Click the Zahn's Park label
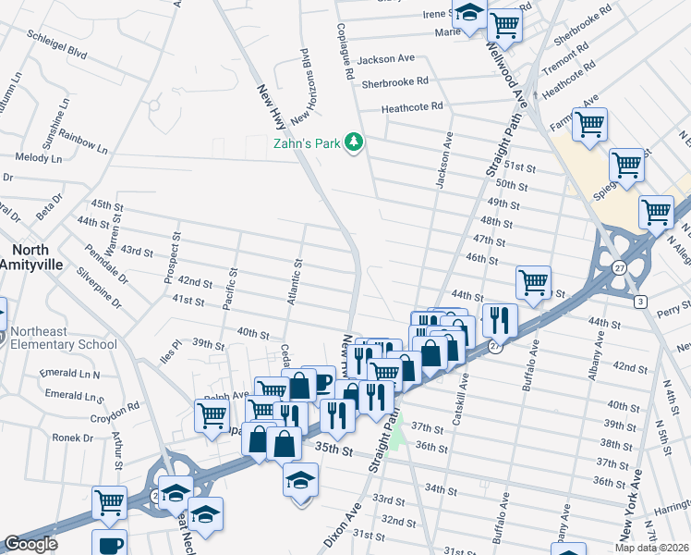pos(306,143)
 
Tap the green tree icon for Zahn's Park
pos(352,142)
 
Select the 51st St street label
pos(519,166)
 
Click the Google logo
pos(30,544)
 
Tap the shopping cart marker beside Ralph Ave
pos(270,390)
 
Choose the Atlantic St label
pos(294,281)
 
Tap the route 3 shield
pos(639,302)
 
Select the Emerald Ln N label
pos(70,375)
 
